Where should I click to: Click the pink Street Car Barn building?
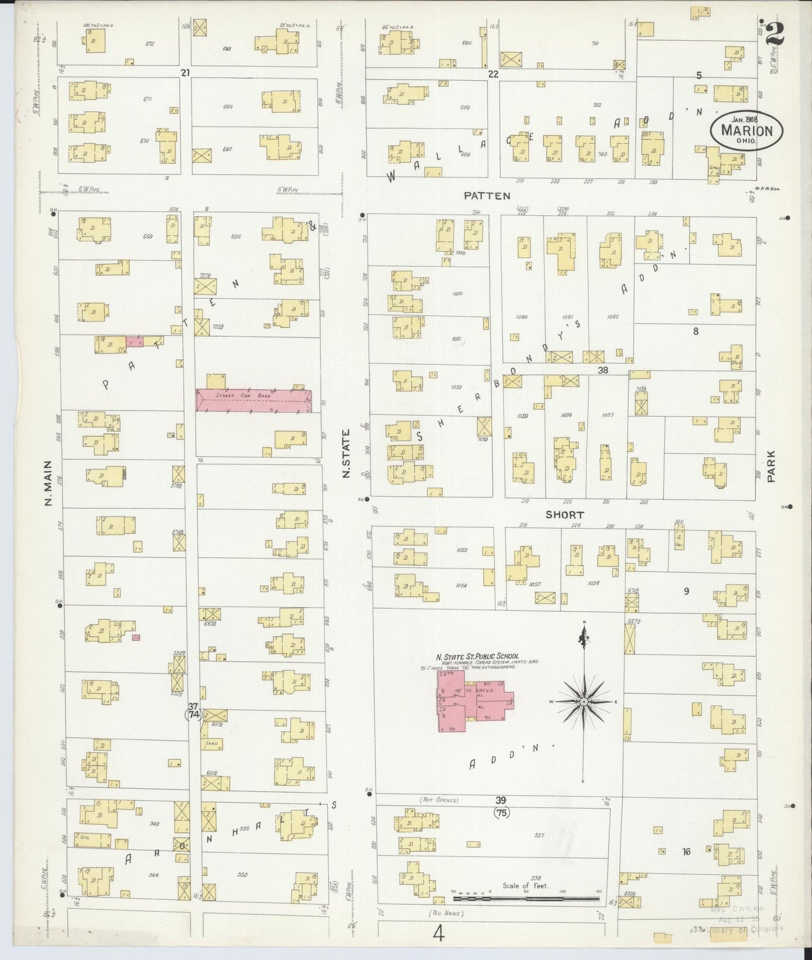(253, 398)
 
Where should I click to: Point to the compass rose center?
(584, 702)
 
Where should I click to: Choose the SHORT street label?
(564, 514)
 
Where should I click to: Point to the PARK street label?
(772, 465)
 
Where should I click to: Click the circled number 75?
(500, 812)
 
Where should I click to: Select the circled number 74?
(194, 715)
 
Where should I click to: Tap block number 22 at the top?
(493, 74)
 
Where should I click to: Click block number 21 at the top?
(185, 72)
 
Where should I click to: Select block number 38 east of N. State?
(603, 370)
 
